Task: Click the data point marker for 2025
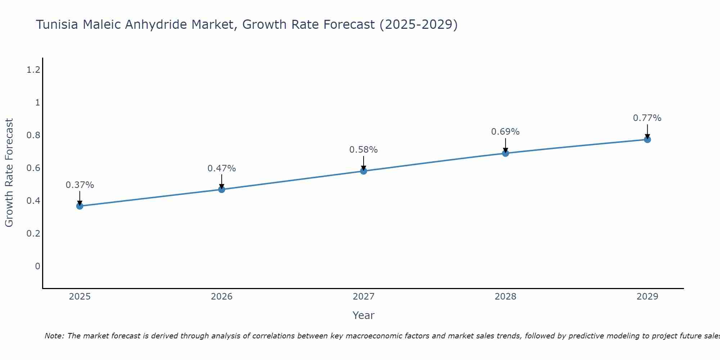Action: click(x=80, y=206)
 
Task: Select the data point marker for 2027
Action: click(x=363, y=171)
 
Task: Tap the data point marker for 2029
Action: click(x=647, y=139)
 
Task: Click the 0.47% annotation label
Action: click(x=221, y=168)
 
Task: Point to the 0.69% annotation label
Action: click(x=505, y=132)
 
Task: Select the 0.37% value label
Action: click(x=80, y=185)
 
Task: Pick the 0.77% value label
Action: click(x=647, y=118)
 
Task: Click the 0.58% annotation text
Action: click(x=363, y=150)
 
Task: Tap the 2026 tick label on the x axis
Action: click(x=221, y=297)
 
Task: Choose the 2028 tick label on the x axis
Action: click(x=505, y=297)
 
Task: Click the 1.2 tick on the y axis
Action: click(x=33, y=70)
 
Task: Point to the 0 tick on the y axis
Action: click(x=37, y=266)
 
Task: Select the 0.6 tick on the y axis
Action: click(x=33, y=168)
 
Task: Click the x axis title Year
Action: click(x=363, y=315)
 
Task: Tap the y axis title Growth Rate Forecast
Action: click(x=9, y=173)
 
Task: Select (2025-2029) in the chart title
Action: click(x=418, y=25)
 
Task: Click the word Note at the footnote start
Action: click(x=54, y=336)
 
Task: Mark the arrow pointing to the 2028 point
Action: click(x=505, y=146)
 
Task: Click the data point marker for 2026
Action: click(x=221, y=189)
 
